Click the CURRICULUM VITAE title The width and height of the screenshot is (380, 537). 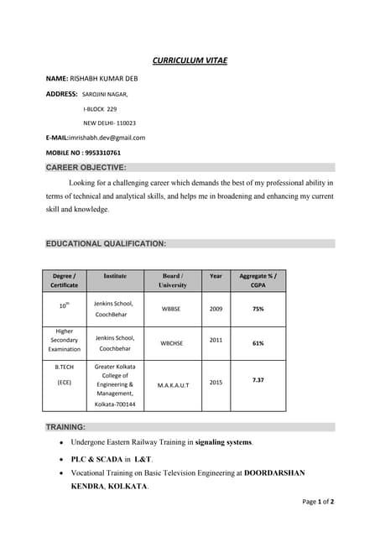pos(190,60)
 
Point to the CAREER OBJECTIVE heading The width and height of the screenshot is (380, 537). pos(86,168)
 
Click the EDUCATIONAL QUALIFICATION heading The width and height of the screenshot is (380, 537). pos(106,243)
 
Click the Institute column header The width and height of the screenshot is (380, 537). pos(115,275)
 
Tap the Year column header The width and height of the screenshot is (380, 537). pos(216,275)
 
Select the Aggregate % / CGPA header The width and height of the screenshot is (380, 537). pos(258,280)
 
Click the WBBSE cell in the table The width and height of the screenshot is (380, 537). pos(173,309)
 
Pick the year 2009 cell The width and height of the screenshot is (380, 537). pos(216,309)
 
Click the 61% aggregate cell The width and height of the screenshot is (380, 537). pos(258,343)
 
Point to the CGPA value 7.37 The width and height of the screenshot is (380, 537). pos(258,380)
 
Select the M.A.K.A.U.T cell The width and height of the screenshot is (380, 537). pos(173,385)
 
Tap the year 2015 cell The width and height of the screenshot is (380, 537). pos(216,383)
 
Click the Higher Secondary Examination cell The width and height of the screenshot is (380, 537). pos(64,340)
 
